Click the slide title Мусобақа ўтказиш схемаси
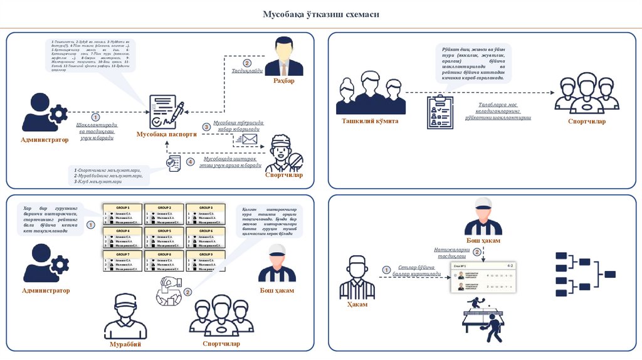[320, 14]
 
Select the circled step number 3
[206, 127]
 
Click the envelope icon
[250, 139]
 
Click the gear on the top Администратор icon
[58, 114]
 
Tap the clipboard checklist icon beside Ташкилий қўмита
[440, 112]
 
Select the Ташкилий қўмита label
[370, 121]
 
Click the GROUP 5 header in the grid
[164, 231]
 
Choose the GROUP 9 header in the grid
[206, 254]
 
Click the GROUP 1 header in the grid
[122, 208]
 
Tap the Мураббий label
[126, 344]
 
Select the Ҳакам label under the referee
[357, 304]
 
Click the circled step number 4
[191, 162]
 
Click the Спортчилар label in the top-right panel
[586, 121]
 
